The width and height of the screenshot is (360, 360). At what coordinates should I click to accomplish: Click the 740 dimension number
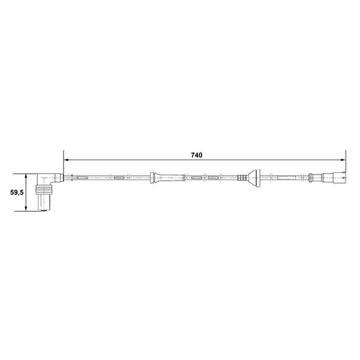click(x=197, y=155)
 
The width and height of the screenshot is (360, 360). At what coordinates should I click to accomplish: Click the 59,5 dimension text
click(x=17, y=193)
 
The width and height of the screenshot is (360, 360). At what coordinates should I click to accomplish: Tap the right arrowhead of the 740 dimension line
click(x=343, y=160)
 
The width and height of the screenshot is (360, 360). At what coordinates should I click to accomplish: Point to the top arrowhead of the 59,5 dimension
click(x=26, y=176)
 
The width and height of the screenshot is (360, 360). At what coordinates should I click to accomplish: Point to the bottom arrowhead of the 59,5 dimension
click(x=26, y=208)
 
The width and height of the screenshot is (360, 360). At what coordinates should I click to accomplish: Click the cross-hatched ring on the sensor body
click(x=44, y=190)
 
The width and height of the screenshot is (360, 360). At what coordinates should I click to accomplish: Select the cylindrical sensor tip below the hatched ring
click(x=44, y=202)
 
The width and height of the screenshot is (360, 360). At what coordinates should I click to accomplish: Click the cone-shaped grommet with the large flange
click(x=254, y=178)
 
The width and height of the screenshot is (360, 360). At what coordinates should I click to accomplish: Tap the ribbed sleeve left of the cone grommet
click(x=242, y=178)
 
